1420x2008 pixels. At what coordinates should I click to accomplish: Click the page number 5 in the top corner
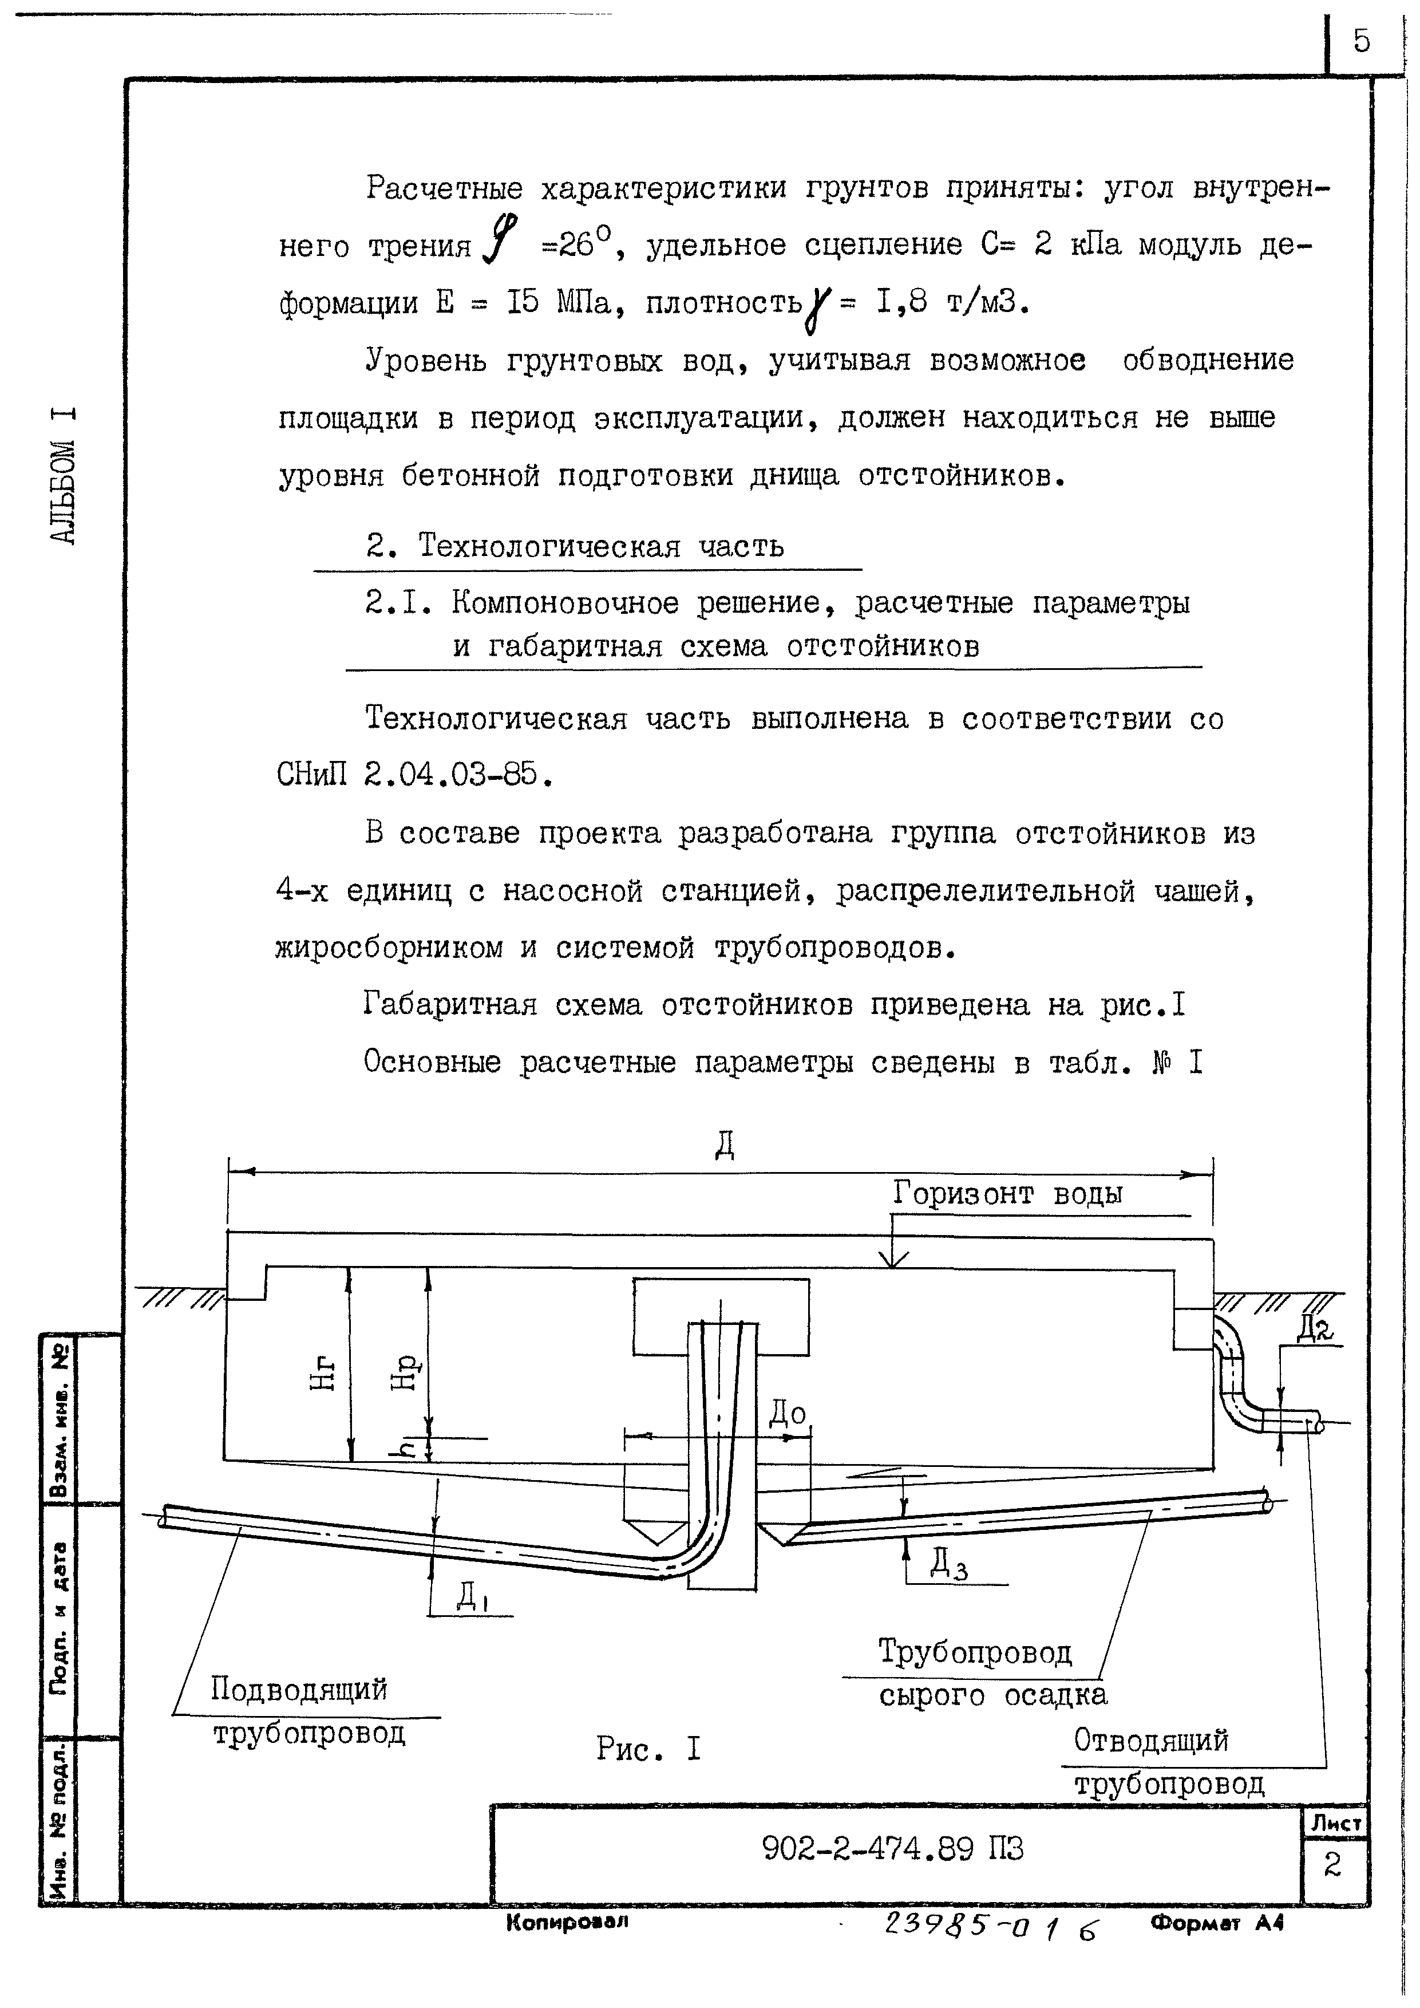click(1362, 41)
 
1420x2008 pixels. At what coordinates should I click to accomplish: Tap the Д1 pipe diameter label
click(472, 1597)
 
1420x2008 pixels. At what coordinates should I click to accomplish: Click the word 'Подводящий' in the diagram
click(299, 1688)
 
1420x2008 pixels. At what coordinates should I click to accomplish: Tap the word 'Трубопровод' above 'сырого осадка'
click(975, 1651)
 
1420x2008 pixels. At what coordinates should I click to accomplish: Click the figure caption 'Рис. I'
click(649, 1749)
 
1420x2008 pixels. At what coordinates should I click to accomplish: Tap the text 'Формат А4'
click(1217, 1922)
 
